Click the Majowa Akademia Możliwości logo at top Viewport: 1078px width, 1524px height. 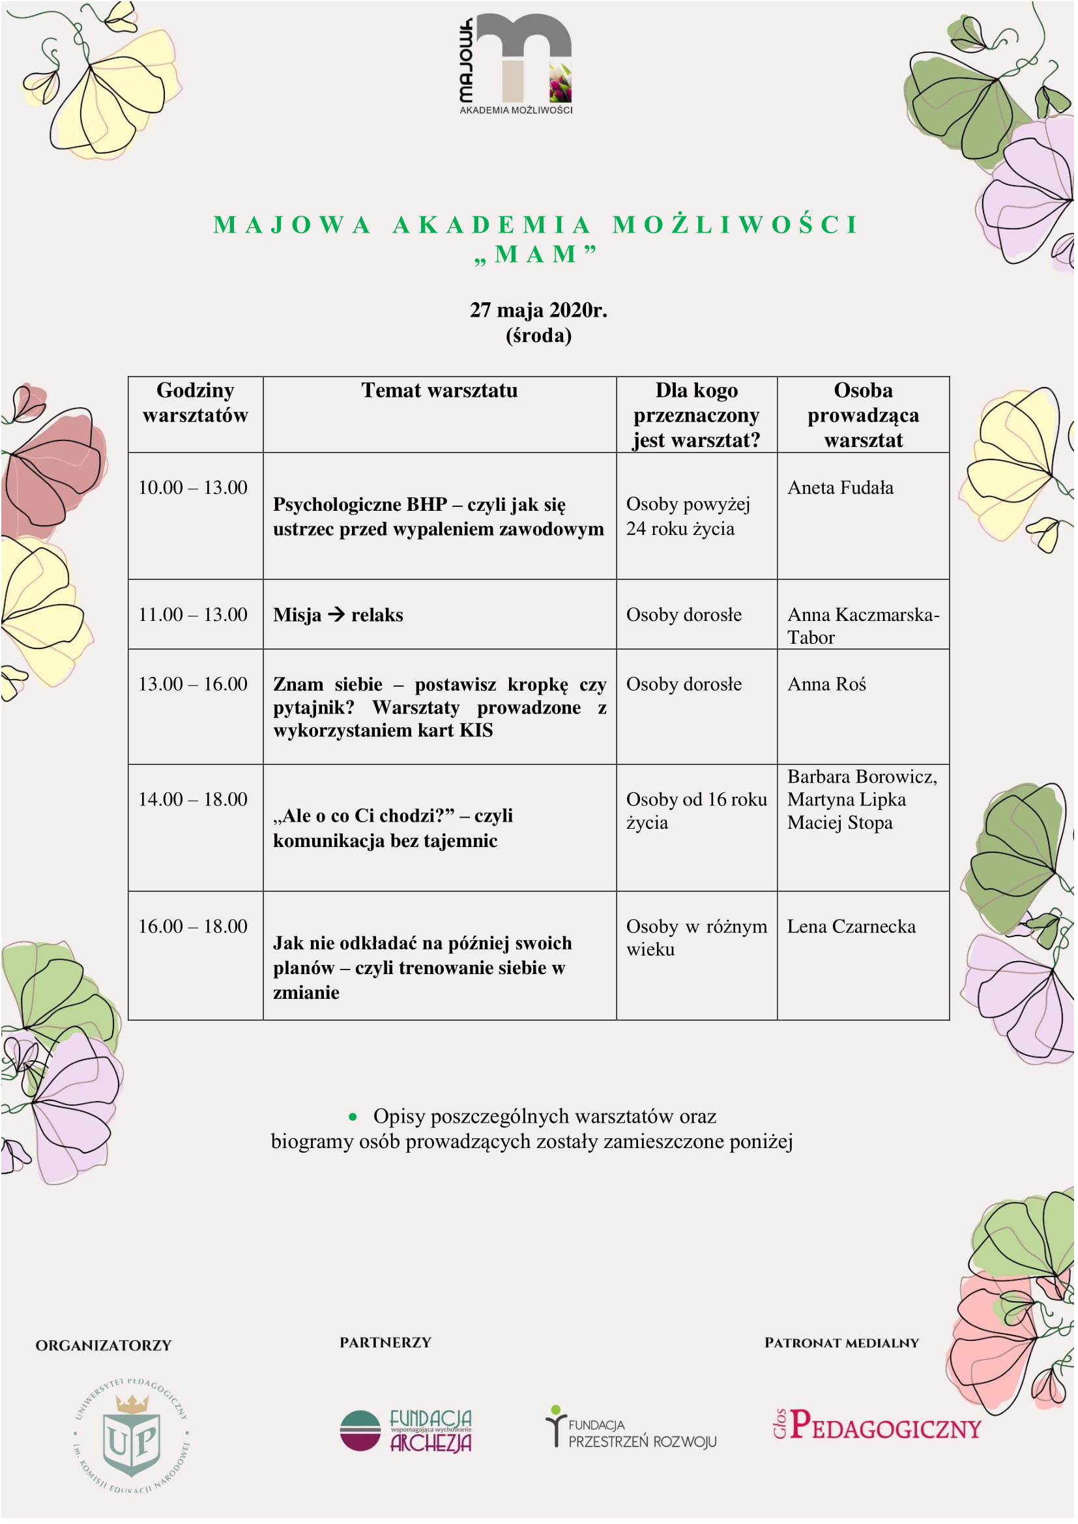point(515,65)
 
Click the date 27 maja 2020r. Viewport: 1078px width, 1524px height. point(538,310)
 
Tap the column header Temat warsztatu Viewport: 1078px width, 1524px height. point(439,390)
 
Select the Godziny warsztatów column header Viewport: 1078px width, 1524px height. point(195,403)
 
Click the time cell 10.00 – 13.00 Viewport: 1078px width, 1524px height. point(192,488)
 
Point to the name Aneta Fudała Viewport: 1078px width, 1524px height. point(839,488)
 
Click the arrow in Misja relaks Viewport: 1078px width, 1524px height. point(336,614)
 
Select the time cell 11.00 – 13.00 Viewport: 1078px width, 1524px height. point(192,614)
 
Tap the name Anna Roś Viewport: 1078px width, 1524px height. point(826,684)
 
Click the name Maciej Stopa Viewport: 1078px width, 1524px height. point(839,823)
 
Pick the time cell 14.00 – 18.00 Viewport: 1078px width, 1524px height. point(192,799)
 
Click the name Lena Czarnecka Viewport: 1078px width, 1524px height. point(851,927)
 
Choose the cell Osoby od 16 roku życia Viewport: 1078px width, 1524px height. point(695,811)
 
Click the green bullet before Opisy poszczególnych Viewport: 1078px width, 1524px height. point(353,1117)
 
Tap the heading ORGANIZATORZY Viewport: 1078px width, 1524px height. point(104,1345)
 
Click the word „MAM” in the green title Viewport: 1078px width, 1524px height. point(536,255)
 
